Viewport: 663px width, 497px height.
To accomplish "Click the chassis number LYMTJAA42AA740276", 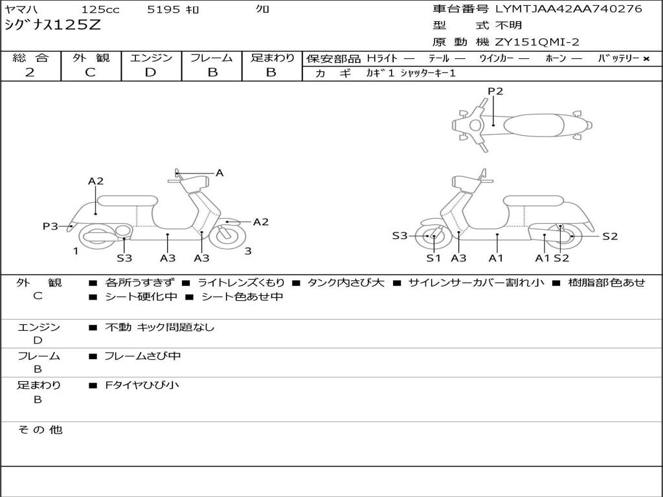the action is (568, 9).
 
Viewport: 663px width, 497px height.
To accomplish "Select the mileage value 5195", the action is (164, 10).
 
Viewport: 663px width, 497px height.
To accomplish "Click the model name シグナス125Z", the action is (52, 26).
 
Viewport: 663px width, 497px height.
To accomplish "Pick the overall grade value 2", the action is (30, 72).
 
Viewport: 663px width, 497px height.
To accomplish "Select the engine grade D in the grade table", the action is (151, 72).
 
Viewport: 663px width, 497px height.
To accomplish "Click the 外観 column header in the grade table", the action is (91, 58).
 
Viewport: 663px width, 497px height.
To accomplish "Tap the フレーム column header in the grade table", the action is (212, 58).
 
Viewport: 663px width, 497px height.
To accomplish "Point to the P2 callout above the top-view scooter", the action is (495, 91).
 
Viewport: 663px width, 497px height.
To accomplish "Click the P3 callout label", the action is (51, 226).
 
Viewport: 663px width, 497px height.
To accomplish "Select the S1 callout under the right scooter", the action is (433, 258).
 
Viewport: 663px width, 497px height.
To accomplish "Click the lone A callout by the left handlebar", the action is (219, 173).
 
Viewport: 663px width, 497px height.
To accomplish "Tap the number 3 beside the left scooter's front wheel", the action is (248, 251).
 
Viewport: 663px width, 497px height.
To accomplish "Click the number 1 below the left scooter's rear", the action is (76, 251).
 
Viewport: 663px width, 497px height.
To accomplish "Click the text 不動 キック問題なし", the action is (159, 327).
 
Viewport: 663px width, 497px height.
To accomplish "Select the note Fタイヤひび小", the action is (142, 385).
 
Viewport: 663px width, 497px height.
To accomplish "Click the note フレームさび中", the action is (142, 356).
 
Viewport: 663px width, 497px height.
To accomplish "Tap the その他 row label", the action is (39, 430).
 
